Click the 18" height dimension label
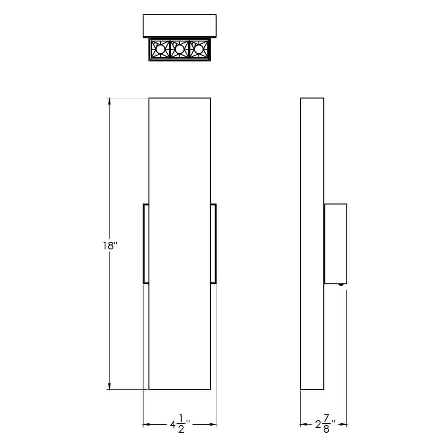pyautogui.click(x=110, y=245)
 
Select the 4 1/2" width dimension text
pyautogui.click(x=180, y=424)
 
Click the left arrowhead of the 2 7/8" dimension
pyautogui.click(x=304, y=424)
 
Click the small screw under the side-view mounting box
pyautogui.click(x=342, y=285)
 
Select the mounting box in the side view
pyautogui.click(x=335, y=244)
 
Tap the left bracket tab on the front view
pyautogui.click(x=145, y=244)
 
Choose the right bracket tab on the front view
pyautogui.click(x=213, y=244)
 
